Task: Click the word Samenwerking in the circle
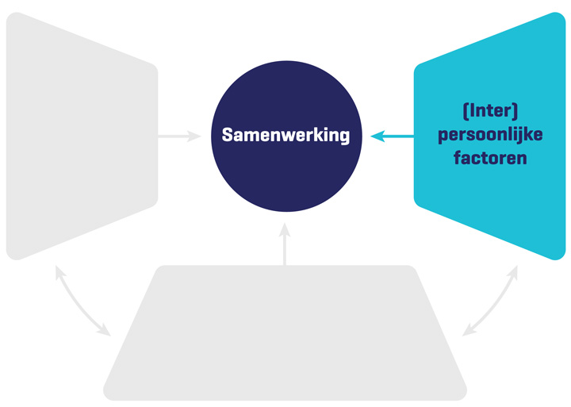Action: tap(285, 135)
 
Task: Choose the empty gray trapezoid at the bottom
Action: tap(285, 333)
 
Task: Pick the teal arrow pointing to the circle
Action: tap(393, 136)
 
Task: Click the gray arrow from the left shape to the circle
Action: tap(178, 136)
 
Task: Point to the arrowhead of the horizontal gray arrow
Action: tap(196, 136)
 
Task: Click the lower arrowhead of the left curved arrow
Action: tap(104, 331)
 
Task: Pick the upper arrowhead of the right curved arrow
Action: tap(515, 272)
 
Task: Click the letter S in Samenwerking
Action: tap(227, 135)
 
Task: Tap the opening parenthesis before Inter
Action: tap(463, 109)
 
